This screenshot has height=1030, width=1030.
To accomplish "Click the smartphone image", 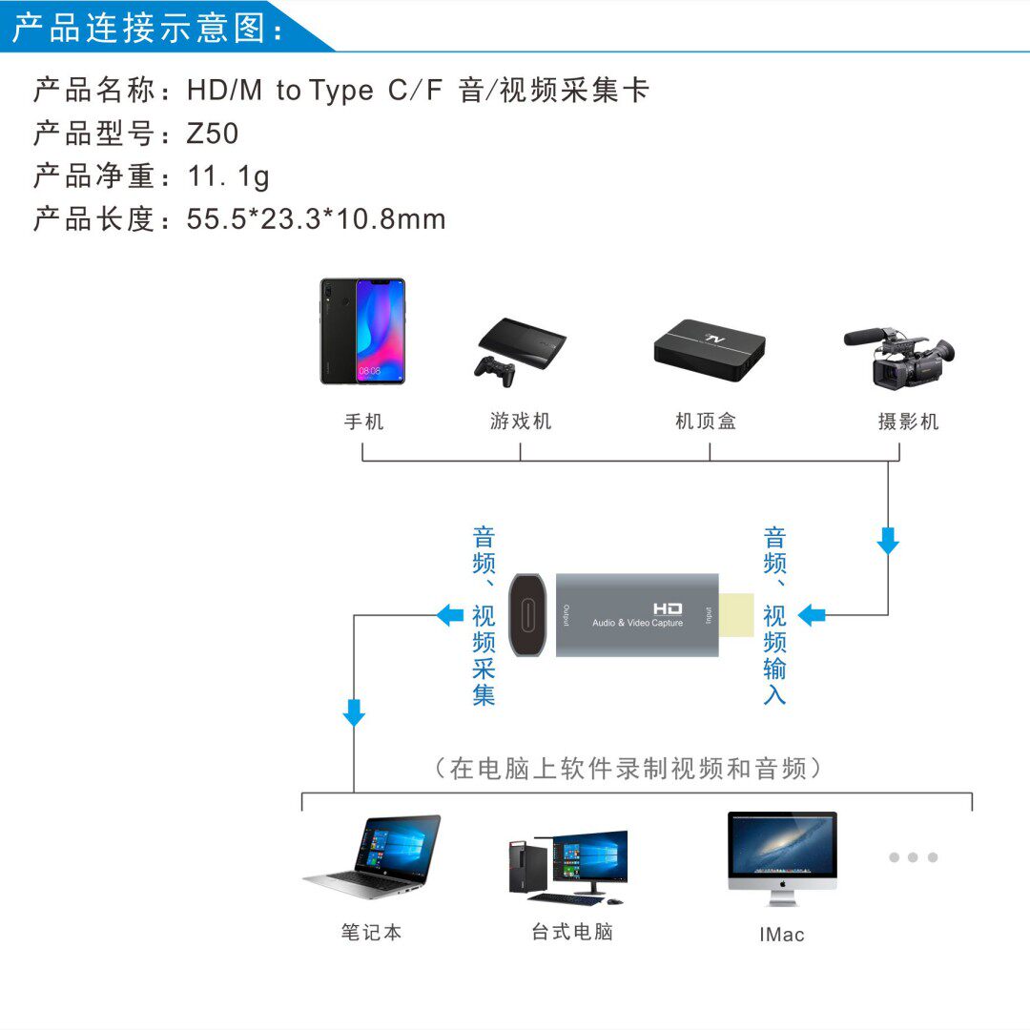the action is coord(362,331).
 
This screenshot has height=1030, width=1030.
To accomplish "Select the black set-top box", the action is coord(710,349).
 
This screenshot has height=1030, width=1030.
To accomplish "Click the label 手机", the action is coord(363,421).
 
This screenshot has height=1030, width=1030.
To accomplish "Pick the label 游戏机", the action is coord(521,421).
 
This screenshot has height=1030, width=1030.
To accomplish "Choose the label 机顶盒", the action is coord(706,421).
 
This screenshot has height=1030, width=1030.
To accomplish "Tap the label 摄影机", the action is coord(908,421).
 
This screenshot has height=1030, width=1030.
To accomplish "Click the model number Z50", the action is coord(213,134).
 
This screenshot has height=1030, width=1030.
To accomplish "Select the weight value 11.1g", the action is coord(228,176).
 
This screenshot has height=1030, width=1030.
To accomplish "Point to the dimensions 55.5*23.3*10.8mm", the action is coord(316,219).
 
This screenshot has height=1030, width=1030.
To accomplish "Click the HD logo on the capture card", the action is coord(668,608).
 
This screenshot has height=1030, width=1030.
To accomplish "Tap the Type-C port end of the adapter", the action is coord(526,615).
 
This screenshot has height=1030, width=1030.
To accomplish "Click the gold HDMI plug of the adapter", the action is coord(735,615).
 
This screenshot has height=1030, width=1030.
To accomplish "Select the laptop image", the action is coord(373,856).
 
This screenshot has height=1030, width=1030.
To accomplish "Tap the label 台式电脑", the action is coord(572,932).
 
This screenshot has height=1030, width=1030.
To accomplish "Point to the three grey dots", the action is coord(913,857).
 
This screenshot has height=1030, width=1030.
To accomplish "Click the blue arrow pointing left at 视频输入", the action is coord(812,615).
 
